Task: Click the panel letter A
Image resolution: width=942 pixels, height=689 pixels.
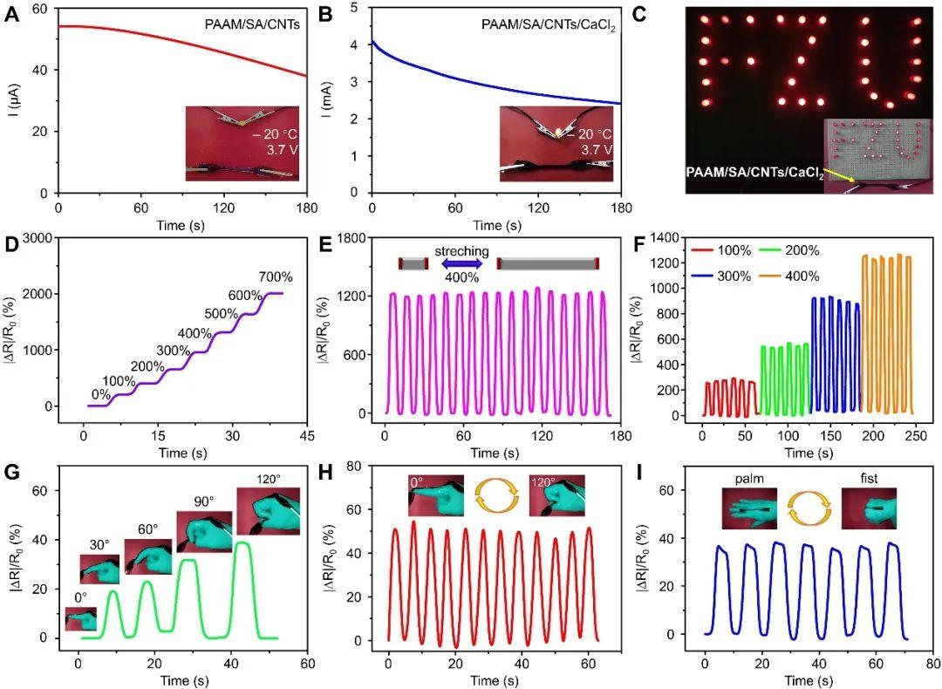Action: (x=13, y=15)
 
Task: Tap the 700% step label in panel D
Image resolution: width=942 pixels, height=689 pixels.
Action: (x=275, y=277)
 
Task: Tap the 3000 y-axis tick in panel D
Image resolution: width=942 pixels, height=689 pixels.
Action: (x=40, y=238)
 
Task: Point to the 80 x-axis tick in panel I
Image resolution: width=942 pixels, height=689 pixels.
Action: (x=933, y=662)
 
